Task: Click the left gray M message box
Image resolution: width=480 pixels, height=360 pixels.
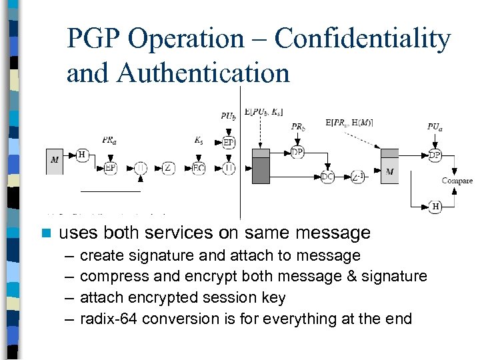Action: [x=55, y=161]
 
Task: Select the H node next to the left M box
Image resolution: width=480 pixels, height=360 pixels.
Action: [x=82, y=155]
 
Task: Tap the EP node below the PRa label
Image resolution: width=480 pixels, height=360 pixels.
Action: [x=111, y=168]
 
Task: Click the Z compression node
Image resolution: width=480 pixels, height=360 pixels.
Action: [x=167, y=168]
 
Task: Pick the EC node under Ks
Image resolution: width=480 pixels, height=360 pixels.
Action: [x=199, y=168]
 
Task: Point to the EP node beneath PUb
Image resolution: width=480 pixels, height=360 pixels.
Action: [x=229, y=142]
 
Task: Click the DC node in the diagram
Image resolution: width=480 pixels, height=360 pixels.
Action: [x=327, y=177]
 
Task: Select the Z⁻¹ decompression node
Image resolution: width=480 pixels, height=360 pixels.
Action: [x=358, y=177]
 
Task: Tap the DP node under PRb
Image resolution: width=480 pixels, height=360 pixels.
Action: [x=297, y=153]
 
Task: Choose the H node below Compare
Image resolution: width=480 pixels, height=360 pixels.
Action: [x=435, y=207]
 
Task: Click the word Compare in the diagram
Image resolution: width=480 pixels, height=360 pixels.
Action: [x=457, y=181]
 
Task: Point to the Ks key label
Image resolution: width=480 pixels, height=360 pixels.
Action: [x=199, y=141]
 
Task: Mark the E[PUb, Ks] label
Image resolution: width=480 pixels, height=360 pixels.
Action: [x=263, y=112]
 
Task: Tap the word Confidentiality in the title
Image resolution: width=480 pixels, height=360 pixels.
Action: [x=363, y=39]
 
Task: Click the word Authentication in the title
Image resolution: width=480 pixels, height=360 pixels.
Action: [x=203, y=73]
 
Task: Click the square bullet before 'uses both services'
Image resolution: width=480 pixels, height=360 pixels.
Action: [x=46, y=233]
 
